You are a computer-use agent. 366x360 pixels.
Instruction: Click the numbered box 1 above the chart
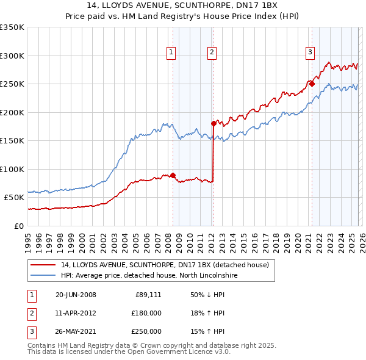pyautogui.click(x=171, y=53)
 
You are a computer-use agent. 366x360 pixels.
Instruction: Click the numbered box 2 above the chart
pyautogui.click(x=212, y=53)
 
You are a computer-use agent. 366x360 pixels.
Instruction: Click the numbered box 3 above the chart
pyautogui.click(x=310, y=53)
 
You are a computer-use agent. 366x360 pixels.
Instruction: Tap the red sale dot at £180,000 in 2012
pyautogui.click(x=213, y=123)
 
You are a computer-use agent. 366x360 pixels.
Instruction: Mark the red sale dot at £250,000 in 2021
pyautogui.click(x=312, y=84)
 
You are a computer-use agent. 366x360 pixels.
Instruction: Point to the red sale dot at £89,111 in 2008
pyautogui.click(x=173, y=175)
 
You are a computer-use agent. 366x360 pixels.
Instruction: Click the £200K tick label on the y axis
pyautogui.click(x=12, y=112)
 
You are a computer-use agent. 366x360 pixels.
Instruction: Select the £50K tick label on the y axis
pyautogui.click(x=15, y=198)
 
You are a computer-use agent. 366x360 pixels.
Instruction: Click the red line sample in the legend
pyautogui.click(x=43, y=265)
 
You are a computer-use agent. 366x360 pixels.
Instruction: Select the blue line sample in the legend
pyautogui.click(x=43, y=276)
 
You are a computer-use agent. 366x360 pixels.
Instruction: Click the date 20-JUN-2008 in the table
pyautogui.click(x=76, y=295)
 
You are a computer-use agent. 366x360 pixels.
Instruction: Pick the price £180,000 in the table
pyautogui.click(x=146, y=313)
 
